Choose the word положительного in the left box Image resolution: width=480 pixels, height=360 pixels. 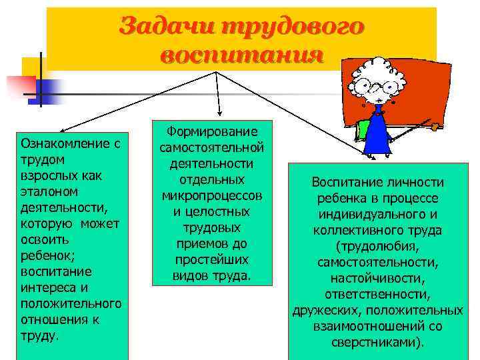pyautogui.click(x=71, y=304)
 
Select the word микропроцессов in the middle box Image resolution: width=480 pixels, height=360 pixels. pyautogui.click(x=212, y=196)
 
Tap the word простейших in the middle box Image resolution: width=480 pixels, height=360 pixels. pyautogui.click(x=212, y=260)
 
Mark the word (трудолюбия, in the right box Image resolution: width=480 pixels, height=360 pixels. pyautogui.click(x=377, y=247)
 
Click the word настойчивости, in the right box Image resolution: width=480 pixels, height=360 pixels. pyautogui.click(x=377, y=279)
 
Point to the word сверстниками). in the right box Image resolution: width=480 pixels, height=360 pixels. pyautogui.click(x=377, y=343)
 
